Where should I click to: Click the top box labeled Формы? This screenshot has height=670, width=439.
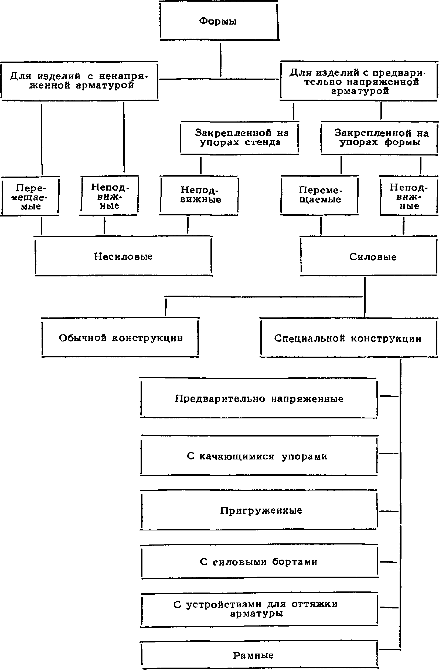coord(219,21)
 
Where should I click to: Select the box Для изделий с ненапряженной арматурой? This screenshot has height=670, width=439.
coord(79,81)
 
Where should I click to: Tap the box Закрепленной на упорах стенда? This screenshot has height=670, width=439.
coord(240,138)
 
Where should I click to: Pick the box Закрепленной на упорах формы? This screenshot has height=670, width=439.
coord(379,138)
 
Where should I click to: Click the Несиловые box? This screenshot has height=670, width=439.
coord(123,256)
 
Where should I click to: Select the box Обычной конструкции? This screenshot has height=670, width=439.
coord(120,338)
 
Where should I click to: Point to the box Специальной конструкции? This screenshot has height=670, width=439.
coord(348,338)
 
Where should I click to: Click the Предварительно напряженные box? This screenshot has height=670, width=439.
coord(259,399)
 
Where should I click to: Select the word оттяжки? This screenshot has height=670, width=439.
coord(315,604)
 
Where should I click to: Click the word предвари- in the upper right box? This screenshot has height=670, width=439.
coord(399,73)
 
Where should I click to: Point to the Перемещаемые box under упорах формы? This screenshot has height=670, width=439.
coord(320,195)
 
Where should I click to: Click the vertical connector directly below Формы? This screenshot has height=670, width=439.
coord(221,60)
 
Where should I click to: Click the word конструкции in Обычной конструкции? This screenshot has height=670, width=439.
coord(148,338)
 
